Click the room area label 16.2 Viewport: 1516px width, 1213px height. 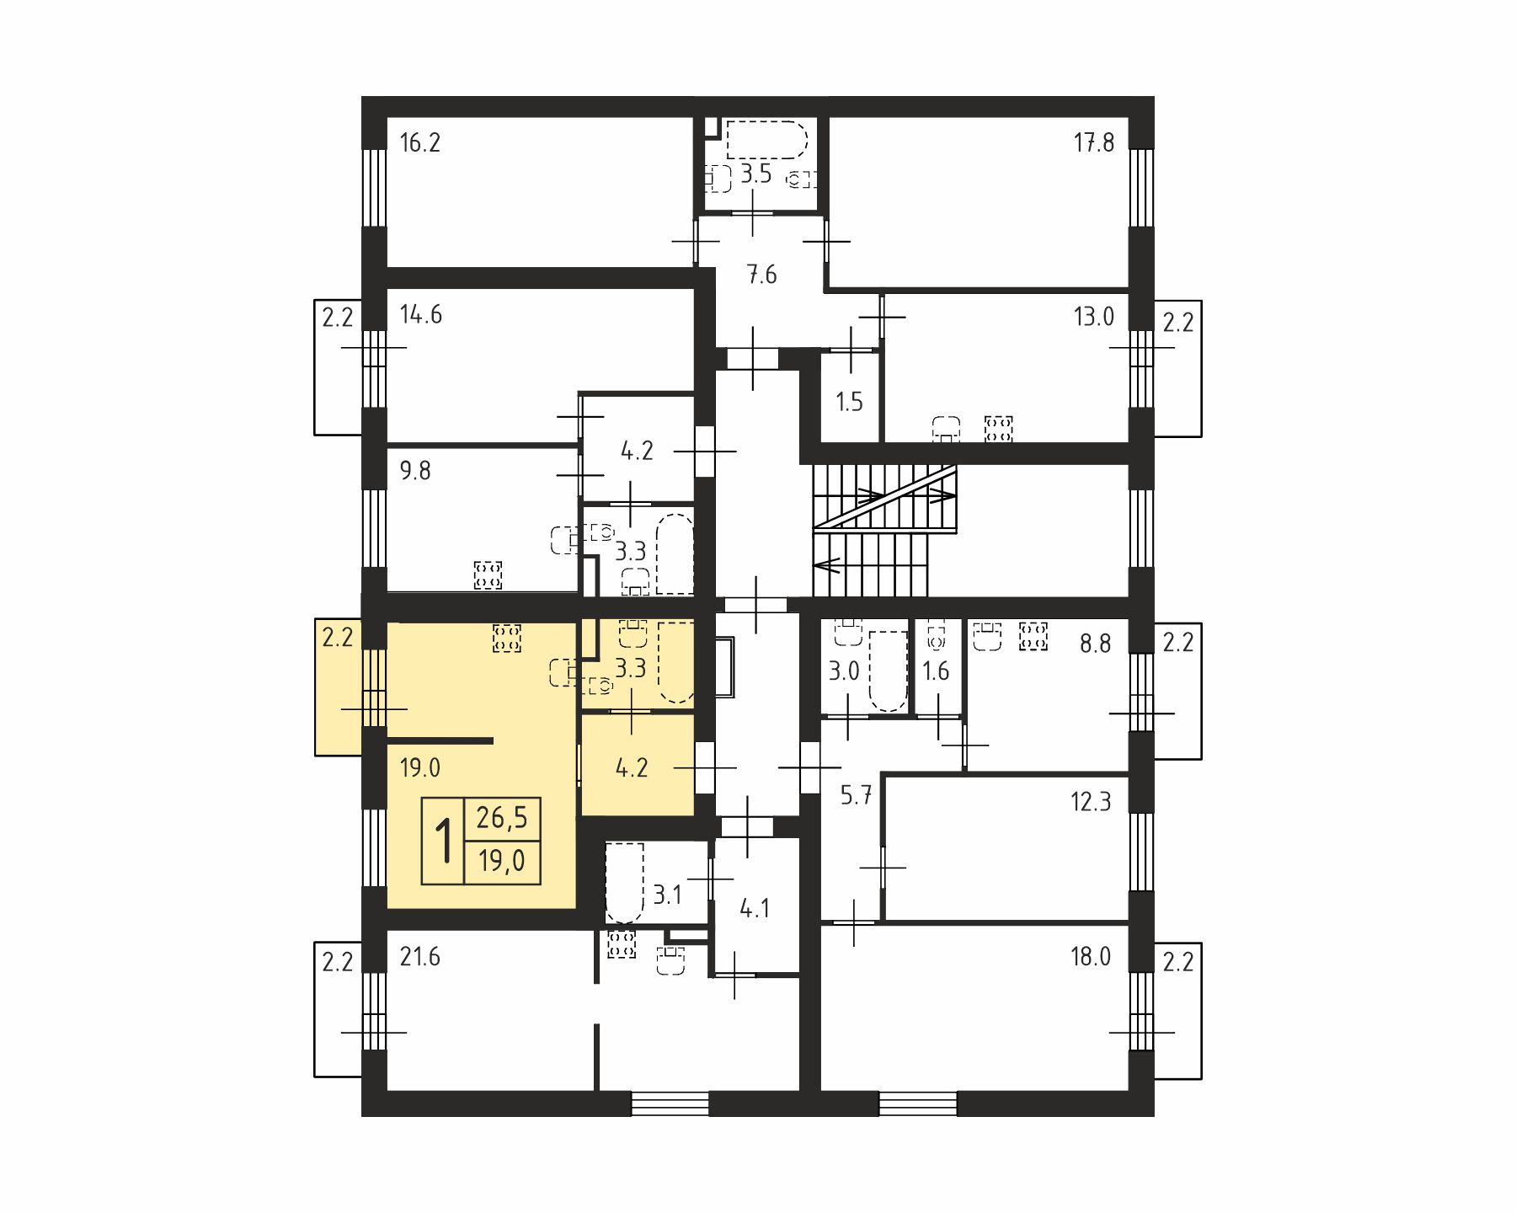(x=419, y=142)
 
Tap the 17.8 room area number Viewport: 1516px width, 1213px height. (x=1093, y=142)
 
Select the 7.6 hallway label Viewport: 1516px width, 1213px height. (x=761, y=275)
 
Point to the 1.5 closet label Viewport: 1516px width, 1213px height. (x=849, y=402)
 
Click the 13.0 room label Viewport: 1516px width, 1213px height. (x=1093, y=317)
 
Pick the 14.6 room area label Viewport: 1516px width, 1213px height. (x=420, y=315)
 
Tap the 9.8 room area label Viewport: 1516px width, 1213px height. (x=414, y=470)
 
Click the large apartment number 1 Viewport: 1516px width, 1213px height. (x=443, y=841)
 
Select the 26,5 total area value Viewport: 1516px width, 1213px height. (x=502, y=817)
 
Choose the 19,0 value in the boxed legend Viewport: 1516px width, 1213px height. (x=502, y=861)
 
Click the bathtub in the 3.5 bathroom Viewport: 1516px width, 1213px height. (x=766, y=140)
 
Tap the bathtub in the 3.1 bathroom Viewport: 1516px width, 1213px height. (x=624, y=882)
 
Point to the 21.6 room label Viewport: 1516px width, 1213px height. (x=419, y=957)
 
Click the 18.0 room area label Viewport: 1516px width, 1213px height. (x=1091, y=957)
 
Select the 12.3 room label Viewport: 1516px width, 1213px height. (x=1091, y=801)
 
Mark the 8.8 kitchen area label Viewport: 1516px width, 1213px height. (x=1095, y=644)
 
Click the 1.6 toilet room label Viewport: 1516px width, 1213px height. (x=936, y=671)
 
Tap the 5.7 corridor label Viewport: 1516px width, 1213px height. (x=856, y=795)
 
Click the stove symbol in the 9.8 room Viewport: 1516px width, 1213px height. (x=488, y=575)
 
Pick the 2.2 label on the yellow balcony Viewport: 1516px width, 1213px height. (x=337, y=638)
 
